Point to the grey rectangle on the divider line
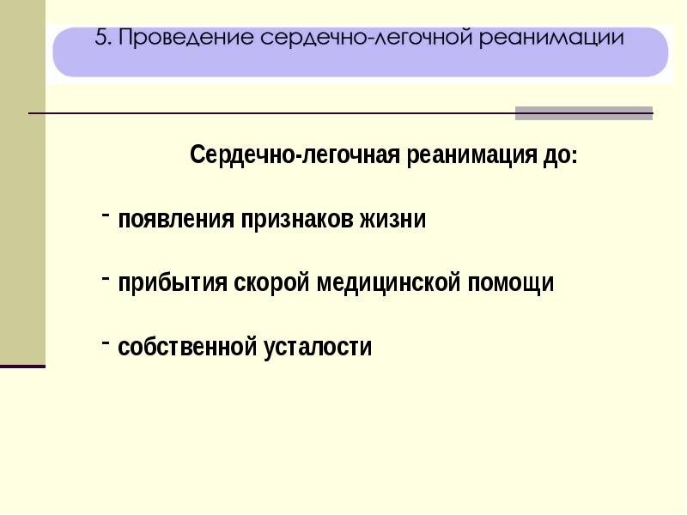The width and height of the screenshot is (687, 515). pos(584,113)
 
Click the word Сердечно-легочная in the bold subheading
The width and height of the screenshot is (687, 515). pos(295,154)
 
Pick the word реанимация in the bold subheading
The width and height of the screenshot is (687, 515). pos(471,155)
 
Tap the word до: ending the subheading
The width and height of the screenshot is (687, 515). pos(561,155)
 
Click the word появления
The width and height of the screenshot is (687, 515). pos(176,219)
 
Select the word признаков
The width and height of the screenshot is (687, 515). pos(296,220)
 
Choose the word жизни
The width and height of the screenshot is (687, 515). pos(392,219)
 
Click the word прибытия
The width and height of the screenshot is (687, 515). pos(173,283)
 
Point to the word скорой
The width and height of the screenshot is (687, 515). pos(275,282)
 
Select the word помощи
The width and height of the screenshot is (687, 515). pos(510,283)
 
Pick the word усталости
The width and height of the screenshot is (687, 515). pos(318,348)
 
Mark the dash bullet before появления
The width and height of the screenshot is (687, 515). pos(105,215)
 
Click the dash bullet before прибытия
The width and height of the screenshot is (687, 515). pos(105,279)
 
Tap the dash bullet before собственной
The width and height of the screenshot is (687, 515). pos(105,342)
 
